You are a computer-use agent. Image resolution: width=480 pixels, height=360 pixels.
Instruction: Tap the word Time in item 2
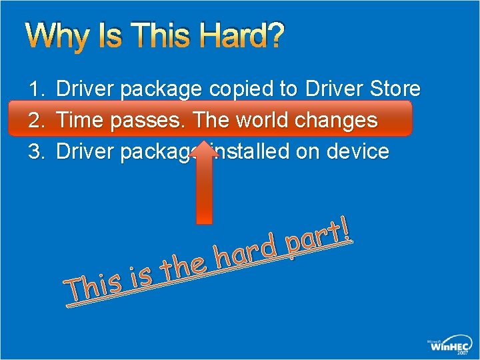(x=80, y=121)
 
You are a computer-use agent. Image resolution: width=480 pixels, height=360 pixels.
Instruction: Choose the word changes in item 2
(x=339, y=121)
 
